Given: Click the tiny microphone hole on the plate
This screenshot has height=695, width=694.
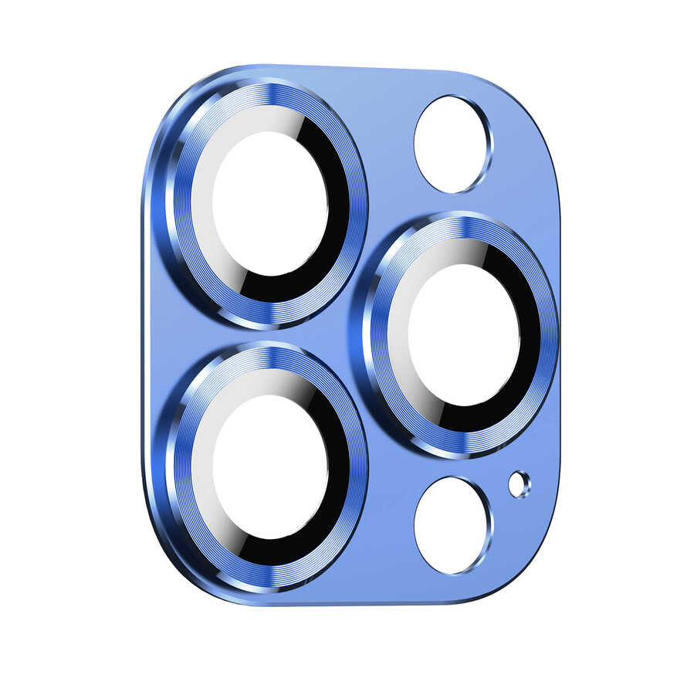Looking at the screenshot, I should (519, 484).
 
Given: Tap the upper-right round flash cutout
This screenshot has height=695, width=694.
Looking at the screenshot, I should (452, 144).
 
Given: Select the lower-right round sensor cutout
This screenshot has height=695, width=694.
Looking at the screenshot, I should (452, 525).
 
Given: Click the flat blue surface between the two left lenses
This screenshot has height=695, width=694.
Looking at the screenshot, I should (255, 334).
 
